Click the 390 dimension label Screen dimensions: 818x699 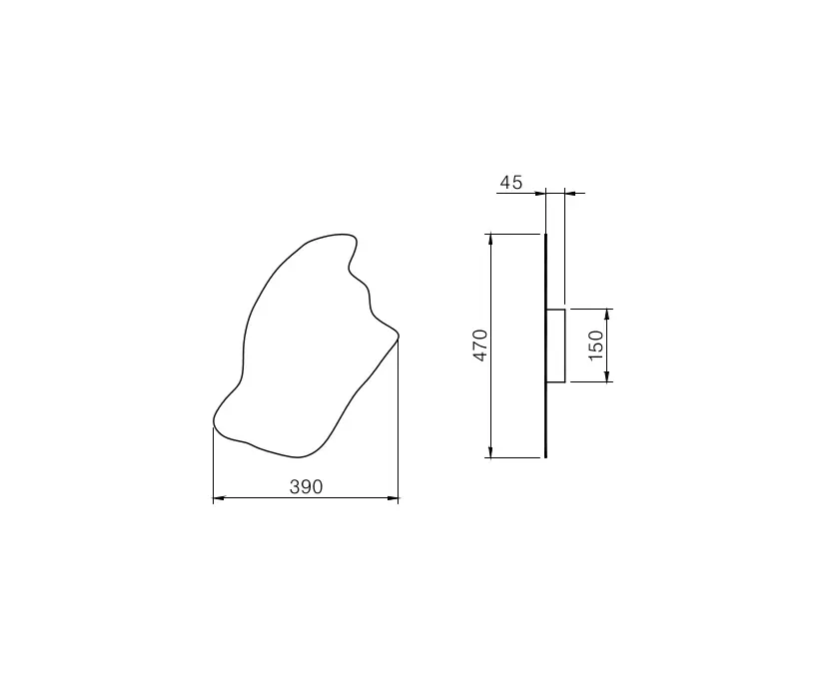tap(307, 486)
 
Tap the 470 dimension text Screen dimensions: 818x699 tap(480, 345)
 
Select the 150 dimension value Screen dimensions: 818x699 tap(595, 345)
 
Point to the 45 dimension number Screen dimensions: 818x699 tap(510, 182)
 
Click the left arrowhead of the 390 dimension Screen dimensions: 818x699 tap(219, 498)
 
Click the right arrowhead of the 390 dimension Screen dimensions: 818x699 tap(393, 498)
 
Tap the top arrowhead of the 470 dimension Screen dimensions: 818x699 tap(490, 240)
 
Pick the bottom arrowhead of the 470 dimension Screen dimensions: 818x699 tap(490, 451)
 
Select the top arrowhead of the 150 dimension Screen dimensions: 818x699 tap(606, 315)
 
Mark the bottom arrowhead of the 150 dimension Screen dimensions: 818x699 tap(606, 376)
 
